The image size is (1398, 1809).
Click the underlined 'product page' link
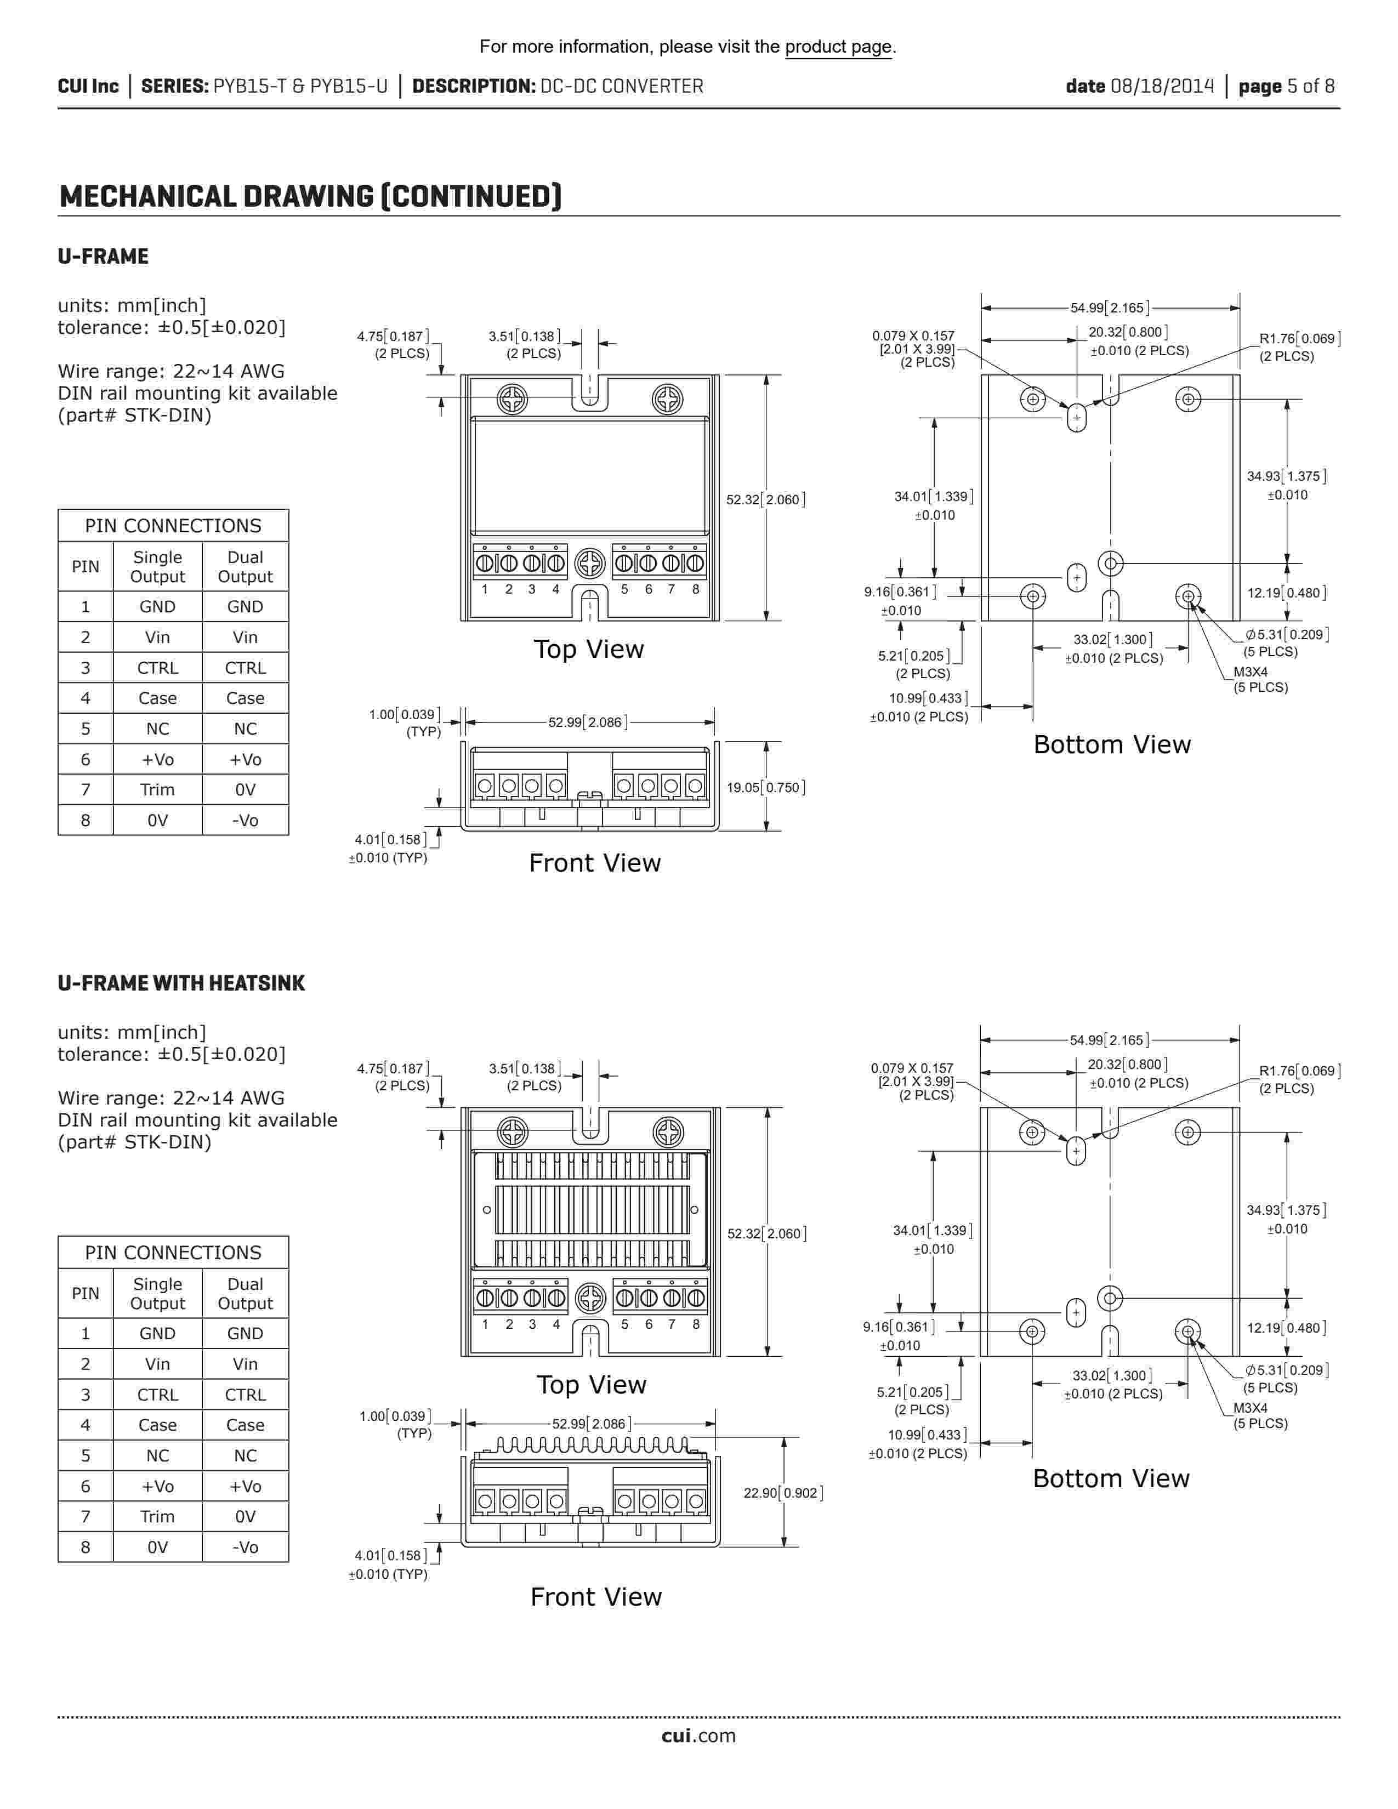[838, 47]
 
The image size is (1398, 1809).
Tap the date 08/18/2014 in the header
[1161, 86]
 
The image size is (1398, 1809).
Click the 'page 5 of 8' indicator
[1286, 86]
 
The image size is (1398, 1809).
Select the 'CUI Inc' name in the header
[88, 86]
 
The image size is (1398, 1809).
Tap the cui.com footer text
[698, 1736]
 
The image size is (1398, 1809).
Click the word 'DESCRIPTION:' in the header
[473, 86]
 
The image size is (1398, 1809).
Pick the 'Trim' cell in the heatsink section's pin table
[157, 1516]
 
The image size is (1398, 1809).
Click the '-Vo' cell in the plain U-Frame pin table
[245, 820]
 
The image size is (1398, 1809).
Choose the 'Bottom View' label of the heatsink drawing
[1111, 1478]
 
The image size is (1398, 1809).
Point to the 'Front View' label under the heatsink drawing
[595, 1597]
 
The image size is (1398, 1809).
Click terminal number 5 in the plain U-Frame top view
[624, 589]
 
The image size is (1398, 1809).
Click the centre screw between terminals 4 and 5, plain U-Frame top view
[590, 564]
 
